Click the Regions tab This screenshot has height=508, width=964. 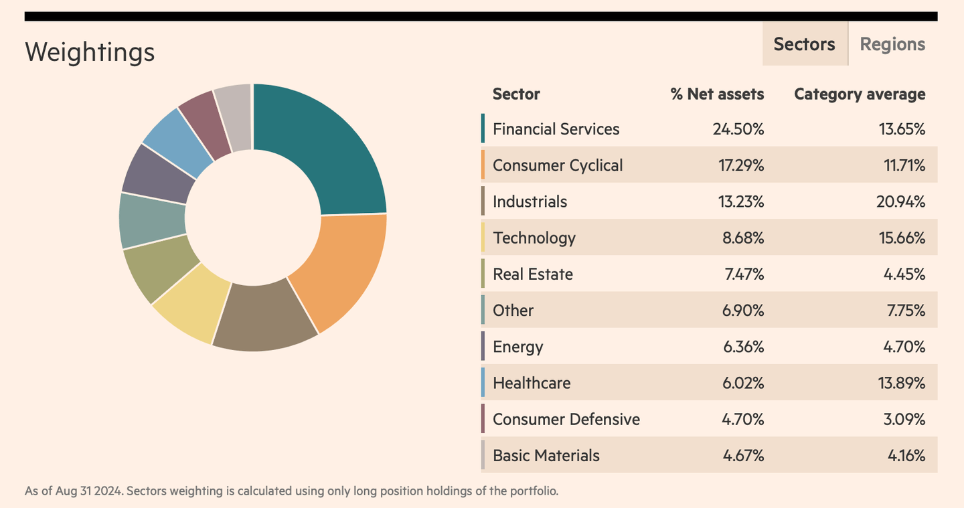point(892,44)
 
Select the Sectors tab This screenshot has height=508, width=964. point(804,44)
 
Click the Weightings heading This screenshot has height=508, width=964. point(90,52)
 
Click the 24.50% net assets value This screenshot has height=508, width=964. point(738,129)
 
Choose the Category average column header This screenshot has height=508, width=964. point(860,94)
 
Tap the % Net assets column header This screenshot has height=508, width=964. point(717,94)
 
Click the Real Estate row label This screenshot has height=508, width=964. point(533,274)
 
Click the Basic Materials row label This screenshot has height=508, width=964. point(546,456)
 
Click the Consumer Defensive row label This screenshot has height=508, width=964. point(566,420)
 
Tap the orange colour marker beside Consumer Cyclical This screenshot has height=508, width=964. point(483,165)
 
